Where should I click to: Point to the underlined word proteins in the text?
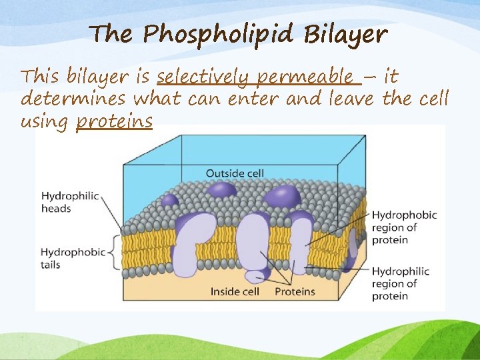click(114, 123)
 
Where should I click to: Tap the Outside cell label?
click(235, 173)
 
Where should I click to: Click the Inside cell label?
click(234, 291)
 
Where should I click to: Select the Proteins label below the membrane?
click(295, 291)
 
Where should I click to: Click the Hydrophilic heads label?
click(69, 202)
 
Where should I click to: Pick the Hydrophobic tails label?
click(73, 258)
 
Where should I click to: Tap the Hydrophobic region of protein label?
click(404, 227)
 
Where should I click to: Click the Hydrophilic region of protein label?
click(400, 283)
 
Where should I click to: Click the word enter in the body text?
click(256, 100)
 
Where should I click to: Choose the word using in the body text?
click(46, 123)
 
